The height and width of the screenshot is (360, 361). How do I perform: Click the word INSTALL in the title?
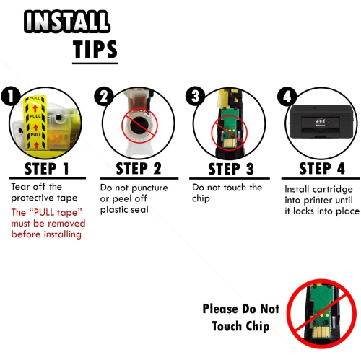point(66,22)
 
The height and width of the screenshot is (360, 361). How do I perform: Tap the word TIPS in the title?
point(95,49)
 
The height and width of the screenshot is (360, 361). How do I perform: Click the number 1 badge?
point(10,96)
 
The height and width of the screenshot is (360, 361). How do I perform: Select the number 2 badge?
point(103,96)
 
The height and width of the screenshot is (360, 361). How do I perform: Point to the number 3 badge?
point(195,96)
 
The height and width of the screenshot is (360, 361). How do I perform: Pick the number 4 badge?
point(287,96)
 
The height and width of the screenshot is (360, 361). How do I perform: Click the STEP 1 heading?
point(47,169)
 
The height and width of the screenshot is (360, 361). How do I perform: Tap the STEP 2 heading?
point(139,169)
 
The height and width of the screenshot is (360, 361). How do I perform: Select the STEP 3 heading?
point(231,169)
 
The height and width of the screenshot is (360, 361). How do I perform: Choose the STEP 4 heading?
point(322,168)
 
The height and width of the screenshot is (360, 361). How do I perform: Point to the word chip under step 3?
point(201,199)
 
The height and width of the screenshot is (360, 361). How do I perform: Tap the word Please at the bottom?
point(220,309)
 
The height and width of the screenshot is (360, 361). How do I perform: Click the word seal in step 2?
point(139,210)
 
